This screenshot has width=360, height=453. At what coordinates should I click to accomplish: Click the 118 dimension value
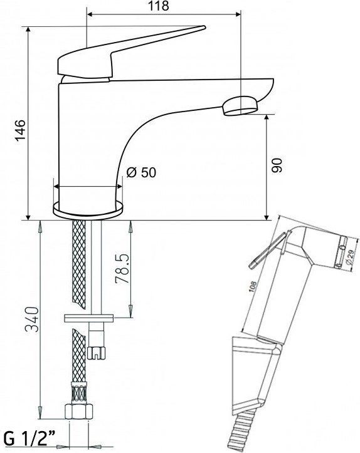(159, 6)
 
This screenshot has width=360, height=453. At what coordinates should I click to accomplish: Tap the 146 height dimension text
(21, 130)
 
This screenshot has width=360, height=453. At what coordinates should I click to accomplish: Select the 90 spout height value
(277, 165)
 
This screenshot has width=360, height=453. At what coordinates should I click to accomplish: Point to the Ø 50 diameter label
(141, 172)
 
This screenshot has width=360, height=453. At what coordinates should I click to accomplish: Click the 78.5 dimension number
(121, 269)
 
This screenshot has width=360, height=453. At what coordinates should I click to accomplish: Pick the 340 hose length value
(32, 320)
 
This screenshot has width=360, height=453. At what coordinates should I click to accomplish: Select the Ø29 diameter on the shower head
(349, 257)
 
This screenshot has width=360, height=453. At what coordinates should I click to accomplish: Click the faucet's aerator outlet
(240, 106)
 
